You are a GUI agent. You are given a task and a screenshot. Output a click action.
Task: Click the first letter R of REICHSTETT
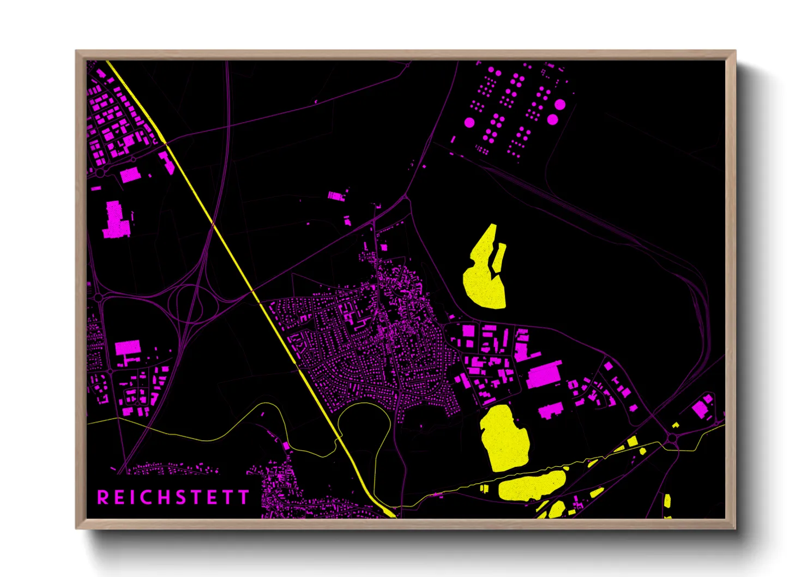(x=103, y=497)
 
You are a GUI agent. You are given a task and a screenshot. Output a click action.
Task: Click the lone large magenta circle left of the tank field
(x=469, y=122)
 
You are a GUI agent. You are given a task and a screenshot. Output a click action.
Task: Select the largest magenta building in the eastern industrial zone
(x=544, y=375)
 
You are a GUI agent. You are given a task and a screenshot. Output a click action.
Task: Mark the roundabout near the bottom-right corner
(x=672, y=438)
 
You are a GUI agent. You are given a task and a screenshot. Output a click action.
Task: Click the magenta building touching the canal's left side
(x=166, y=163)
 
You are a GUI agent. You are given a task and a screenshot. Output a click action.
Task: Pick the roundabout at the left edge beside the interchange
(x=98, y=298)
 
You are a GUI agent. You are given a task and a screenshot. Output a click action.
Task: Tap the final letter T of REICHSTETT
(x=244, y=497)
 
